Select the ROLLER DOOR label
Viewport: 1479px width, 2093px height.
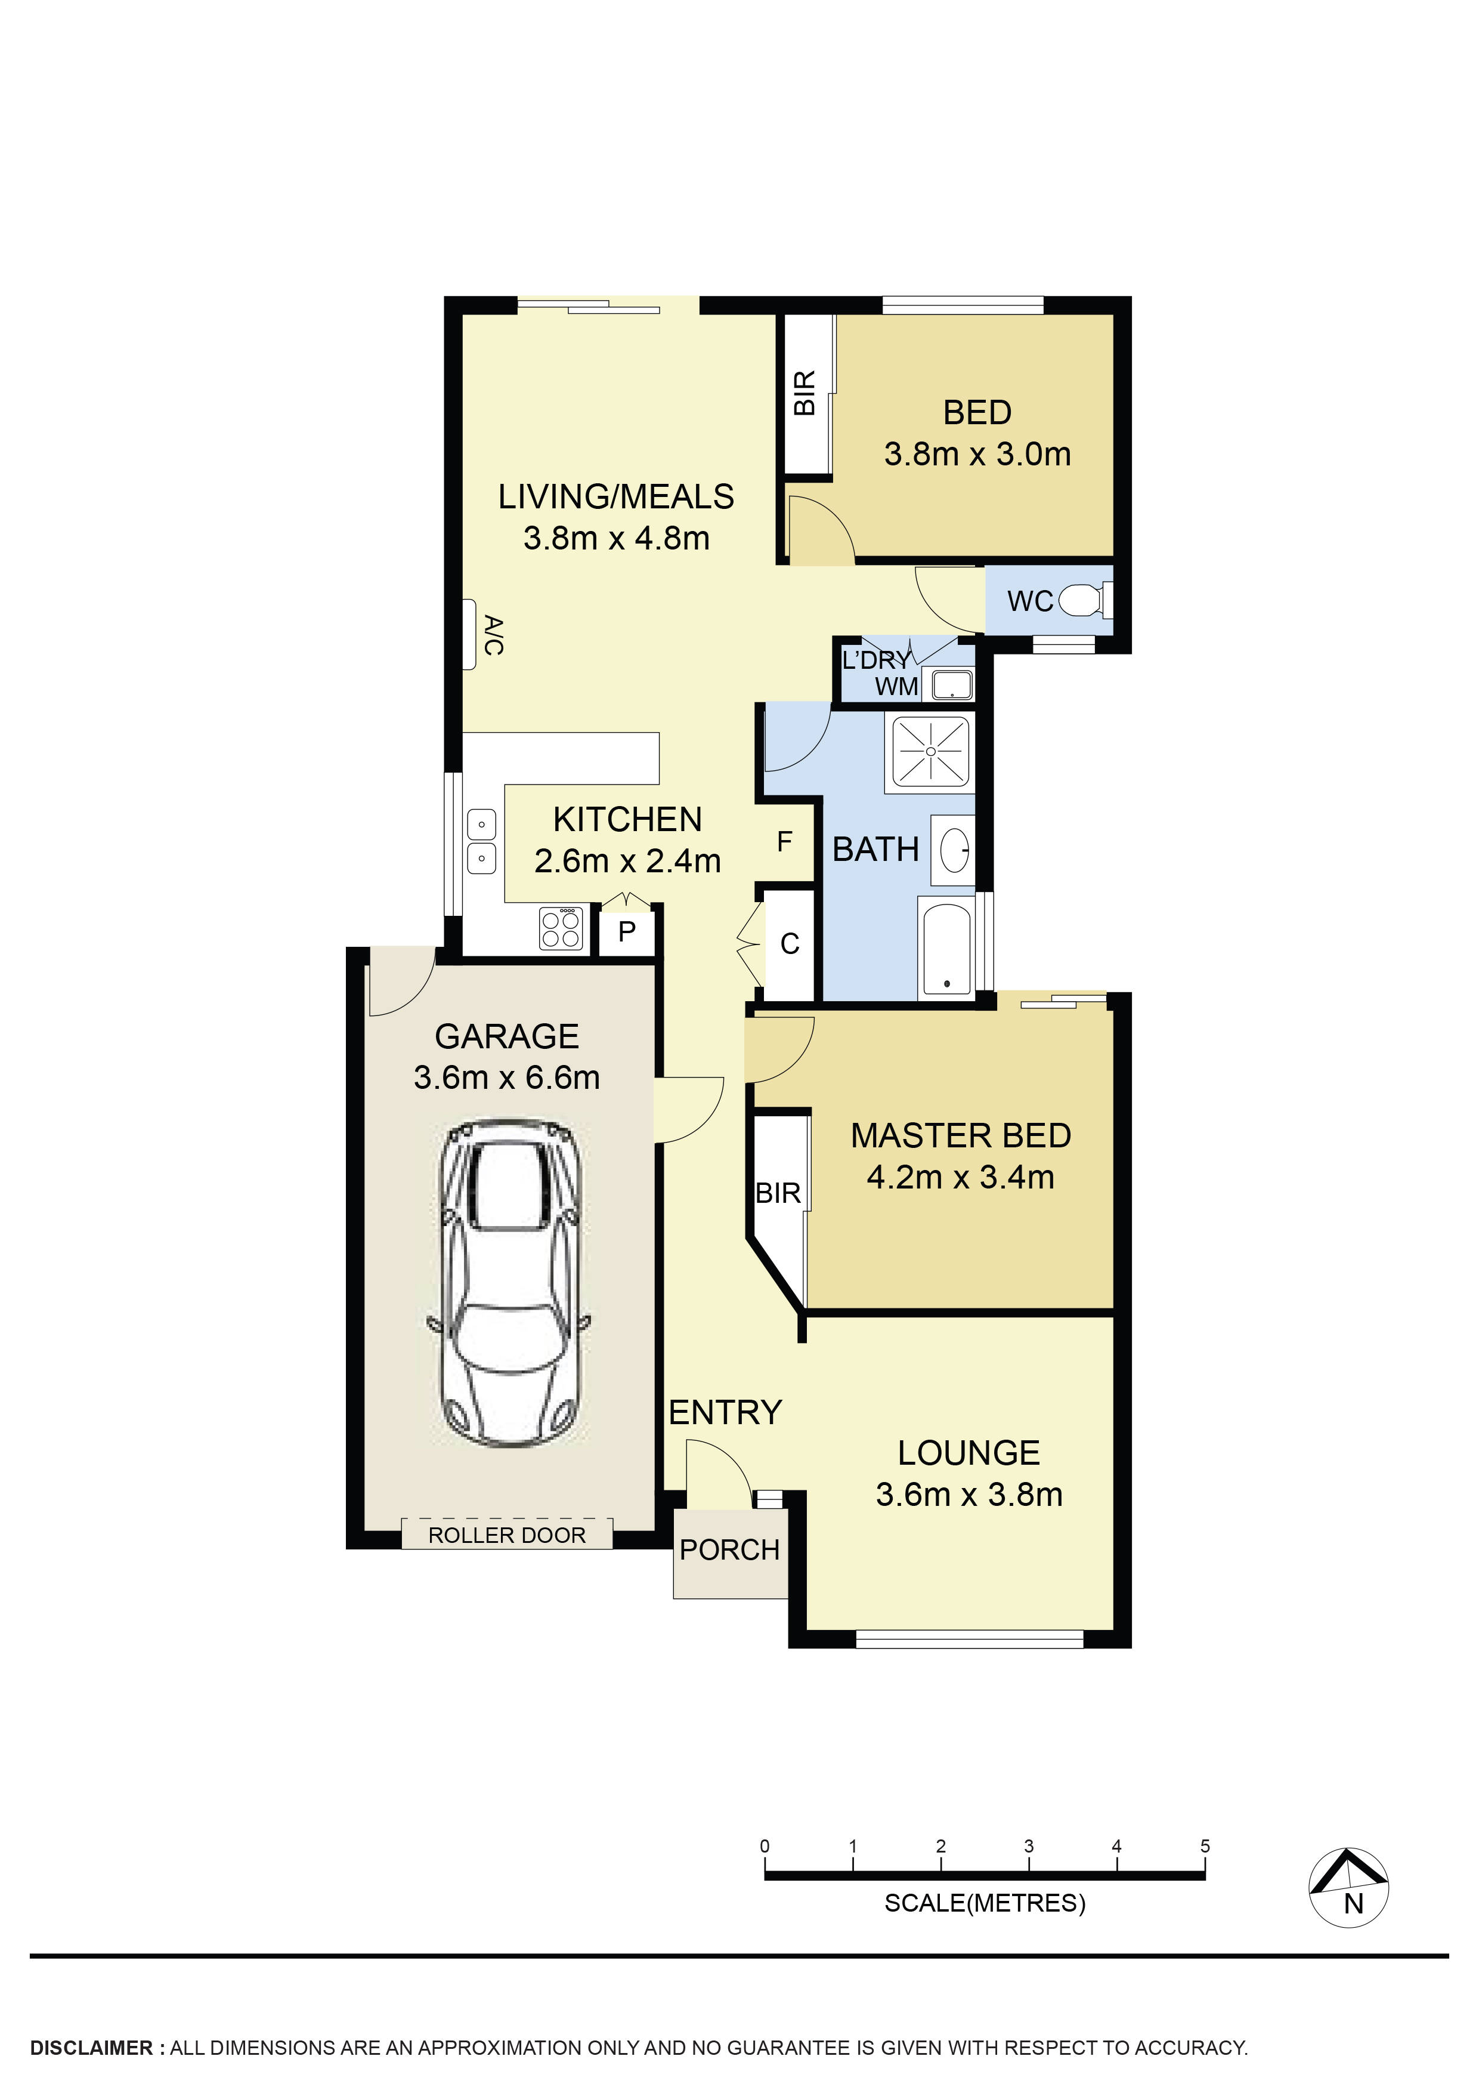507,1535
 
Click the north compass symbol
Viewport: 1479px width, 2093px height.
1348,1888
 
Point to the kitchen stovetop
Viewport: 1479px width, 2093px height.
561,928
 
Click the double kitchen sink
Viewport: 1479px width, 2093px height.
481,841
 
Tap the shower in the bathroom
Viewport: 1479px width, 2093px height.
930,751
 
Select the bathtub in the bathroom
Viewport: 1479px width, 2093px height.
947,947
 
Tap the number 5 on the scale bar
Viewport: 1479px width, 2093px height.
1205,1846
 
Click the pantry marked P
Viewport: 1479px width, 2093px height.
627,931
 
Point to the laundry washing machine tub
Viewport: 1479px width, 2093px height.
951,684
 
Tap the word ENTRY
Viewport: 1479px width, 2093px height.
725,1412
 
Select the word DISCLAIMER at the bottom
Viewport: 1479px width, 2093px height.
92,2048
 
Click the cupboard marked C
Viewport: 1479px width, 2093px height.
789,944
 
